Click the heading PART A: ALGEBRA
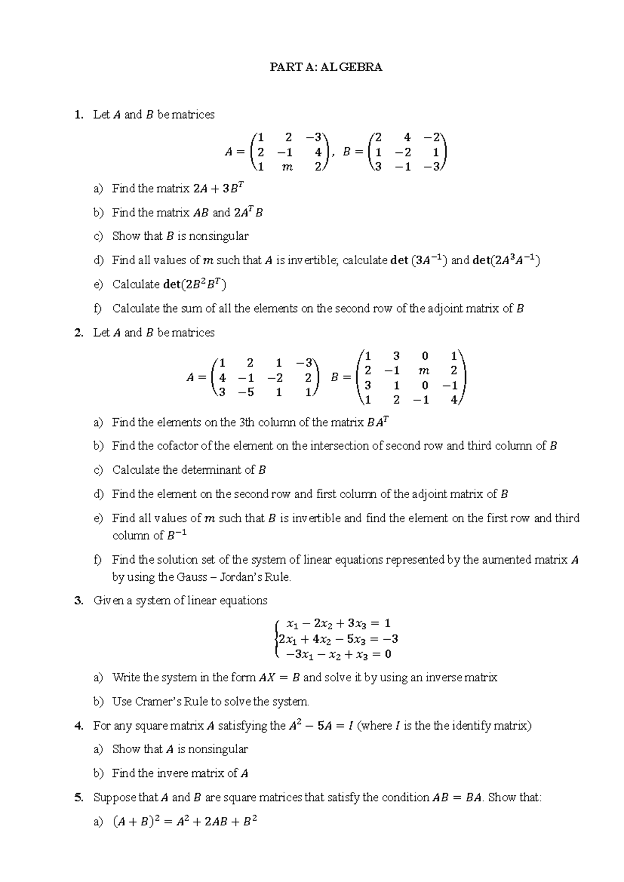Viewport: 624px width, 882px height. [x=326, y=67]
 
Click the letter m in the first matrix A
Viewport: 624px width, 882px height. [x=287, y=167]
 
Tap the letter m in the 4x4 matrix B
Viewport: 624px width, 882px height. [x=424, y=371]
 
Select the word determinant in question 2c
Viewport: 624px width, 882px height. [x=212, y=470]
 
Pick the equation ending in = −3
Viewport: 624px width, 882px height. [x=339, y=639]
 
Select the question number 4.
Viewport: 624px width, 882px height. [x=79, y=725]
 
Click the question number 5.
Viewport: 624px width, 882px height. [x=79, y=797]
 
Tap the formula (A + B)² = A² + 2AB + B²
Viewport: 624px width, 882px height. [x=185, y=822]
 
